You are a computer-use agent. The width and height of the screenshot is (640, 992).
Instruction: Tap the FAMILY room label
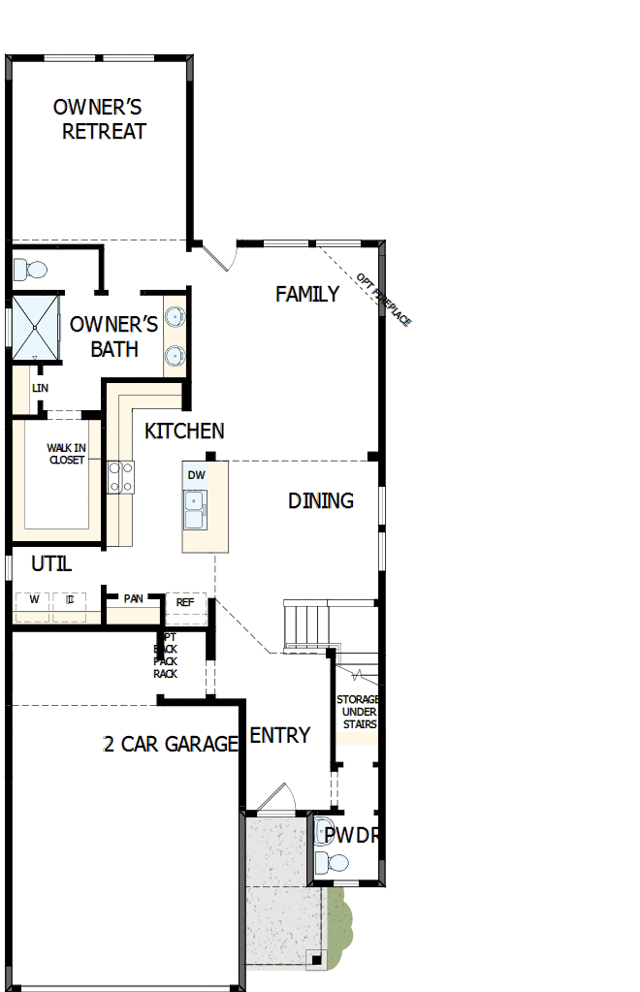pyautogui.click(x=307, y=294)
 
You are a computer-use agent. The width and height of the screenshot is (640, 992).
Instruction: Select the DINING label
pyautogui.click(x=320, y=500)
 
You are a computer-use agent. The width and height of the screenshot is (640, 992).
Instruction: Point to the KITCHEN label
pyautogui.click(x=184, y=431)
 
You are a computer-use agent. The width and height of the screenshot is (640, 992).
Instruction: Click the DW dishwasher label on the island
pyautogui.click(x=196, y=475)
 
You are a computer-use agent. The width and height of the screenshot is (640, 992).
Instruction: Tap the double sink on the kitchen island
pyautogui.click(x=195, y=509)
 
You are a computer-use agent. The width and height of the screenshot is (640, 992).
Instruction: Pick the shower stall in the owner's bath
pyautogui.click(x=35, y=326)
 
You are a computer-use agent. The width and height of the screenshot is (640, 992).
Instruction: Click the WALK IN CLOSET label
pyautogui.click(x=66, y=454)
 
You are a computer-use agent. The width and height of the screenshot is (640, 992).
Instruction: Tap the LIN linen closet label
pyautogui.click(x=40, y=388)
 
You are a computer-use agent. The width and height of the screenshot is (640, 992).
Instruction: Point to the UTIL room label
pyautogui.click(x=50, y=563)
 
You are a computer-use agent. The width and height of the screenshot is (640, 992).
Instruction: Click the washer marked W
pyautogui.click(x=34, y=599)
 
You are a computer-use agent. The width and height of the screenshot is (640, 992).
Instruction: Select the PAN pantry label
pyautogui.click(x=133, y=598)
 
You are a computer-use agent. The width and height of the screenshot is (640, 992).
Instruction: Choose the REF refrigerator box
pyautogui.click(x=185, y=602)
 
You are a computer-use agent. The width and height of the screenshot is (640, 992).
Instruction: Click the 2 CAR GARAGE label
pyautogui.click(x=171, y=744)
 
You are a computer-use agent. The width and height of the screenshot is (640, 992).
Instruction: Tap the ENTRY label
pyautogui.click(x=279, y=735)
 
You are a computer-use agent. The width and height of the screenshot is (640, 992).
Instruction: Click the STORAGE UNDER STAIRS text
pyautogui.click(x=357, y=712)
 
